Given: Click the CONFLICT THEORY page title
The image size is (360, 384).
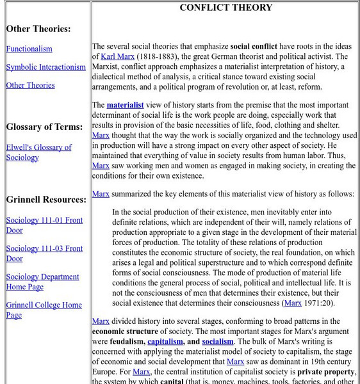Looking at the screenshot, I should pos(225,8).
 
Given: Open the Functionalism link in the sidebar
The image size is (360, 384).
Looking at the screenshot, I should pos(29,49).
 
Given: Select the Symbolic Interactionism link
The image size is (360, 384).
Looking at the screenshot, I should pos(45,67).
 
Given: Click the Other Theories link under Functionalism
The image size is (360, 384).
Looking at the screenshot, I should pos(30,85).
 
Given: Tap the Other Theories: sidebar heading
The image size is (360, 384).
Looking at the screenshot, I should pos(38,29).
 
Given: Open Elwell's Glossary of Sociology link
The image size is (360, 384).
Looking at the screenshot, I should pos(38,152).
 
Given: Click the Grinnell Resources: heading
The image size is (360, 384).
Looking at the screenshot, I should pos(46,199).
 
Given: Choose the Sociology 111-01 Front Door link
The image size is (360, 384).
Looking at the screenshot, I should pos(44,225).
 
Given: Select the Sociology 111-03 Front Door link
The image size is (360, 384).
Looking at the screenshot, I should pos(44,253).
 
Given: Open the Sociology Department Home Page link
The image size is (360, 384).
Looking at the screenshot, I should pos(42,282).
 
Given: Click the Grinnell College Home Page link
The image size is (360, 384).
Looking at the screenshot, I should pos(44,310).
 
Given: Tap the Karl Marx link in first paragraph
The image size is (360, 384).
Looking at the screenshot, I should pos(117,56).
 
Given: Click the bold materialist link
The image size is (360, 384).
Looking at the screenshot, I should pos(125,105).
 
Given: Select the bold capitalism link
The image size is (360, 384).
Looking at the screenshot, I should pos(166,342).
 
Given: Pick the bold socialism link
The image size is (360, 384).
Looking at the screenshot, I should pos(218,342).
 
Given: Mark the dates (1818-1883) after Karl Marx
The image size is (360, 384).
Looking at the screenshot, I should pos(158,56).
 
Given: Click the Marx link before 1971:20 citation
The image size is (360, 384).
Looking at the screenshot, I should pos(293,303).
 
